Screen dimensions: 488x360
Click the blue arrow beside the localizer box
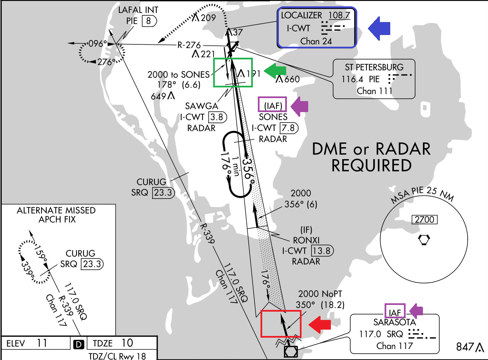(x=380, y=28)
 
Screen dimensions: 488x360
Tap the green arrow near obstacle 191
(x=275, y=70)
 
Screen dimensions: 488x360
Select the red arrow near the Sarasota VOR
(x=320, y=324)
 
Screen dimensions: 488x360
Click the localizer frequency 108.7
(x=339, y=15)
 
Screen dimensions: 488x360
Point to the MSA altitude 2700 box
(x=424, y=220)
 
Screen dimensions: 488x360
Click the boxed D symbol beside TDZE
(x=79, y=344)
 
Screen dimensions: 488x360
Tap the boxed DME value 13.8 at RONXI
(x=322, y=251)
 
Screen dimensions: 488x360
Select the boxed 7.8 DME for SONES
(x=288, y=128)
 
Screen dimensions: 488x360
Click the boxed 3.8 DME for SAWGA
(x=217, y=117)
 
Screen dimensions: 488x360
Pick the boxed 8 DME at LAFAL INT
(x=148, y=21)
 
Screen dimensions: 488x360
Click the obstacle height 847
(x=465, y=347)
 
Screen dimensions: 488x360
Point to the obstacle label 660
(x=292, y=79)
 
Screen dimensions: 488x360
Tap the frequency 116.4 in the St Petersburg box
(x=352, y=79)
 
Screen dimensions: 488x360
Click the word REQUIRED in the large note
(x=371, y=165)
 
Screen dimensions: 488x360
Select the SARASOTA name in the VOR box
(x=394, y=322)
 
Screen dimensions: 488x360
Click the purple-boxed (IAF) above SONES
(x=273, y=106)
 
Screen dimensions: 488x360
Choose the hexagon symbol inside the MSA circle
(x=424, y=240)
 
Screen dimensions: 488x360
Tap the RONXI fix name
(x=306, y=240)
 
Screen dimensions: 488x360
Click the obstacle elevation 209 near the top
(x=208, y=18)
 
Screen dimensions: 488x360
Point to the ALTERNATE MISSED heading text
(x=56, y=211)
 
